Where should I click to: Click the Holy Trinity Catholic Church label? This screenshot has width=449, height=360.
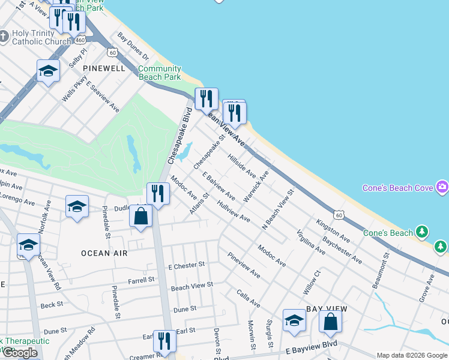click(40, 37)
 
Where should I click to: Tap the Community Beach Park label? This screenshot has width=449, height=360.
click(159, 73)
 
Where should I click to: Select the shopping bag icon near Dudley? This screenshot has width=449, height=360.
click(140, 216)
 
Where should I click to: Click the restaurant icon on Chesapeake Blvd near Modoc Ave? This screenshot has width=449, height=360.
click(157, 194)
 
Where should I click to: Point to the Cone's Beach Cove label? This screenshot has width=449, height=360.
click(397, 188)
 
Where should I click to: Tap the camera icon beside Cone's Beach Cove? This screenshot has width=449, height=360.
click(442, 187)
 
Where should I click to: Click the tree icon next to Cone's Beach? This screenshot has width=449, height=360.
click(423, 232)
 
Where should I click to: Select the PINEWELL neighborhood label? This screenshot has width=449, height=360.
click(104, 68)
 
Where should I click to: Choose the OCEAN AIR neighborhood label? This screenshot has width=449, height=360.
click(104, 253)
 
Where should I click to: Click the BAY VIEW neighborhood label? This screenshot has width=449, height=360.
click(327, 308)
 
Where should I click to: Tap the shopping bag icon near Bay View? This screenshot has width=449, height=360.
click(330, 322)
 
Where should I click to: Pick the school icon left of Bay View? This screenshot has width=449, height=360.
click(294, 320)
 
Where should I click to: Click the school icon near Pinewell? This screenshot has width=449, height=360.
click(48, 71)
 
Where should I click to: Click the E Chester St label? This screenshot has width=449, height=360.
click(187, 265)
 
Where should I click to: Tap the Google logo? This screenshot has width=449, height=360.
click(20, 353)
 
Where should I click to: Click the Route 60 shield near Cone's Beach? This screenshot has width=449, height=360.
click(340, 214)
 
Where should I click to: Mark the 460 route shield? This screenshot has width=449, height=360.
click(80, 40)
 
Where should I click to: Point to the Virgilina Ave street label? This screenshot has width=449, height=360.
click(311, 243)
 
